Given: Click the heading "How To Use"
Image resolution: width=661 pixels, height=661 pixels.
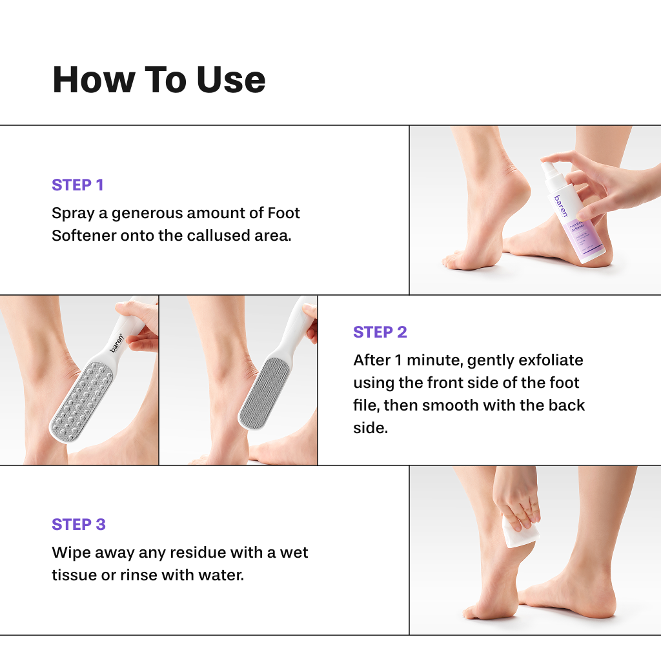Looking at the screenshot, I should (x=159, y=79).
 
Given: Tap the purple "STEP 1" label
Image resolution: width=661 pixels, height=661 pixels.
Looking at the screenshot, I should (x=77, y=185).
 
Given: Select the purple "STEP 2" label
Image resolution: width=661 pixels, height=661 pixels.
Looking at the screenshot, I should (x=380, y=332).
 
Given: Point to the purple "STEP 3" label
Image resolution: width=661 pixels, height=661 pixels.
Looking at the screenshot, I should (x=79, y=525).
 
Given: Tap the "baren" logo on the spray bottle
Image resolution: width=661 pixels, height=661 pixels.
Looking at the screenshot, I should (x=558, y=205).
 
